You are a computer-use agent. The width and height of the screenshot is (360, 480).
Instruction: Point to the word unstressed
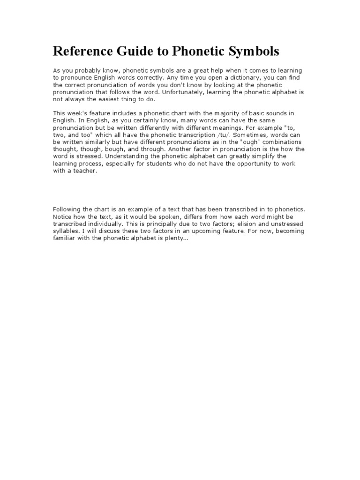[x=290, y=224]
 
